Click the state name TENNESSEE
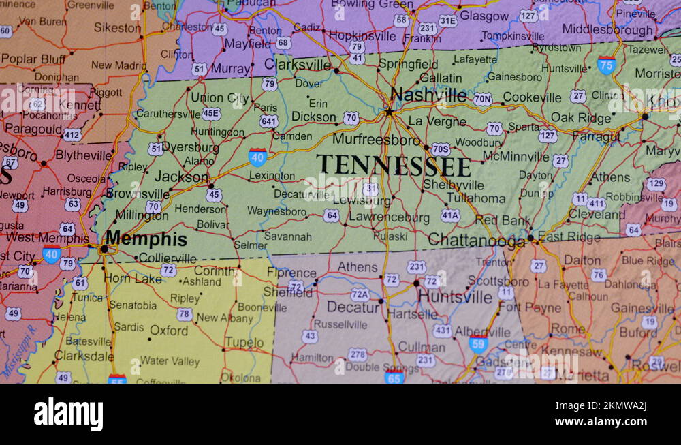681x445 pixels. pyautogui.click(x=394, y=166)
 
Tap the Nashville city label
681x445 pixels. pyautogui.click(x=428, y=95)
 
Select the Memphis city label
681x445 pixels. pyautogui.click(x=146, y=239)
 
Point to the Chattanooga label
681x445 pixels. pyautogui.click(x=476, y=240)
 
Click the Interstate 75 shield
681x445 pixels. pyautogui.click(x=606, y=65)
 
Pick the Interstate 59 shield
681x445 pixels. pyautogui.click(x=478, y=343)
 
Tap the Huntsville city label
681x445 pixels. pyautogui.click(x=455, y=297)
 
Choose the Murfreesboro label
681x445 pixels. pyautogui.click(x=376, y=139)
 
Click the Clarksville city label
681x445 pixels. pyautogui.click(x=298, y=65)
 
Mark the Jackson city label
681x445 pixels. pyautogui.click(x=181, y=177)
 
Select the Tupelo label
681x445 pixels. pyautogui.click(x=244, y=342)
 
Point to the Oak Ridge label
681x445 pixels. pyautogui.click(x=581, y=117)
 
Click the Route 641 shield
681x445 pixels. pyautogui.click(x=268, y=121)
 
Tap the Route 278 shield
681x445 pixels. pyautogui.click(x=357, y=354)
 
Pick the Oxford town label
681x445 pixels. pyautogui.click(x=169, y=331)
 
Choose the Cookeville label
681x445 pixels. pyautogui.click(x=532, y=97)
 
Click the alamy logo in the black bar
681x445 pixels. pyautogui.click(x=68, y=414)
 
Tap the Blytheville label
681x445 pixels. pyautogui.click(x=84, y=155)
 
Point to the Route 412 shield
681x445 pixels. pyautogui.click(x=73, y=135)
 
